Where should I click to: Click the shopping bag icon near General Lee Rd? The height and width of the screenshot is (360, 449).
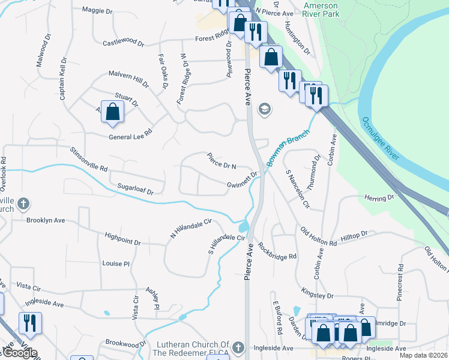coord(112,112)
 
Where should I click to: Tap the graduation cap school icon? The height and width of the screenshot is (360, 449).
coord(264,109)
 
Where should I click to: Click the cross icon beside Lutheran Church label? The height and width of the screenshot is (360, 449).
coord(238,347)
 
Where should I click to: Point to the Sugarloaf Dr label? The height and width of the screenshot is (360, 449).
coord(136,190)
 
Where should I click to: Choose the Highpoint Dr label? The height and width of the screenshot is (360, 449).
coord(122,239)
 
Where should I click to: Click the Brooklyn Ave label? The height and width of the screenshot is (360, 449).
coord(45,220)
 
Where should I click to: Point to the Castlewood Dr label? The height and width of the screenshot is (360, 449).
coord(124,43)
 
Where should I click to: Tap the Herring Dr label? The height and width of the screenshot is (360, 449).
coord(379,197)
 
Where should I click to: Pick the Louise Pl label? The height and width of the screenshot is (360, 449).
coord(116,263)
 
